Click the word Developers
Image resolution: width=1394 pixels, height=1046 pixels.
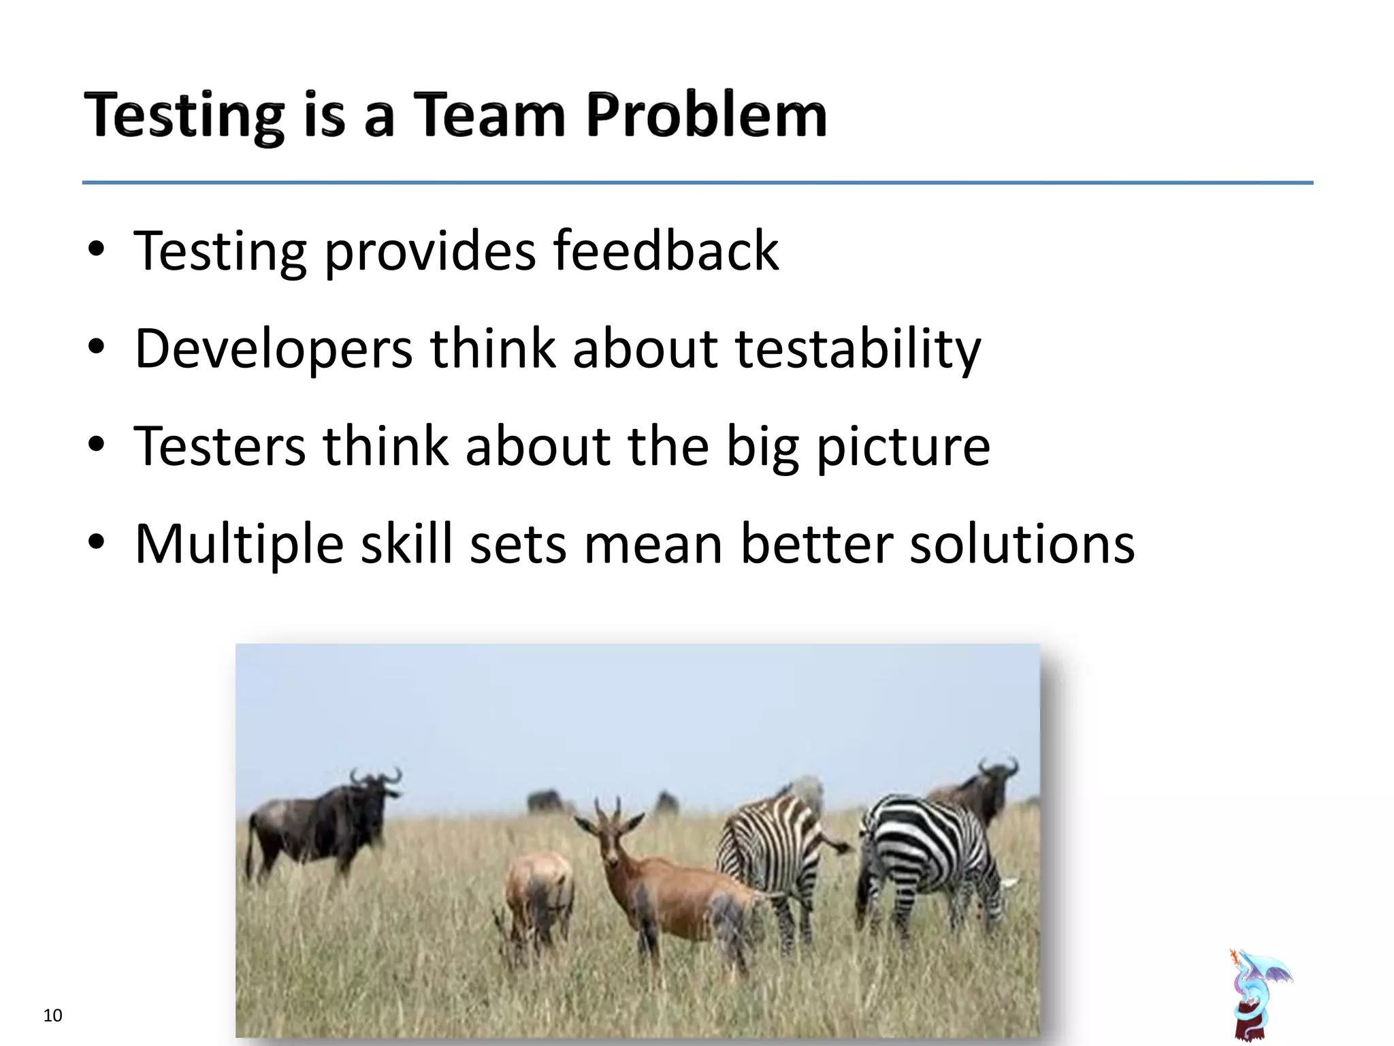tap(274, 349)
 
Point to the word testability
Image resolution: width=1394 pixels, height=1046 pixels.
tap(858, 349)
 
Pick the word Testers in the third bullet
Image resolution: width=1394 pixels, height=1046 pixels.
tap(220, 446)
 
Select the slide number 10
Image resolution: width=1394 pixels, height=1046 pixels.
tap(52, 1015)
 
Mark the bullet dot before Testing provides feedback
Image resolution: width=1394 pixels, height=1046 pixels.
tap(96, 249)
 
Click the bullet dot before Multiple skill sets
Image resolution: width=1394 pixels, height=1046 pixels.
tap(96, 543)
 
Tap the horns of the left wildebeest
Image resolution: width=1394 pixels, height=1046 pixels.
tap(376, 776)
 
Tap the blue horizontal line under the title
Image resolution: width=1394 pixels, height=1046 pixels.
tap(697, 183)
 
